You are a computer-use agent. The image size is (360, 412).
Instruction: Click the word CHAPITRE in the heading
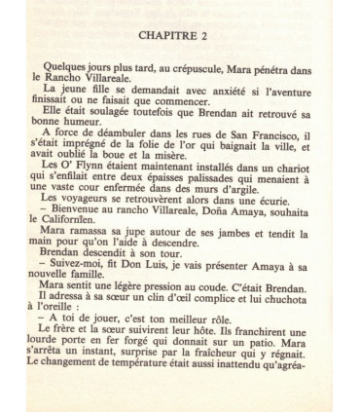click(x=166, y=37)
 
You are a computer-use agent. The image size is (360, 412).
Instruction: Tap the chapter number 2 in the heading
click(x=206, y=37)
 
